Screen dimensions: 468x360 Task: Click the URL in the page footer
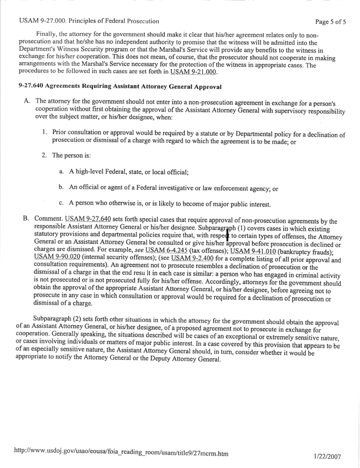click(124, 453)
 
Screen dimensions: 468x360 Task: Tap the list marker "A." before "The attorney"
click(26, 100)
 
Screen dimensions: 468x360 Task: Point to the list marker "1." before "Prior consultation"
click(45, 132)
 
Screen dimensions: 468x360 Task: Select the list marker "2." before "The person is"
click(45, 155)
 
